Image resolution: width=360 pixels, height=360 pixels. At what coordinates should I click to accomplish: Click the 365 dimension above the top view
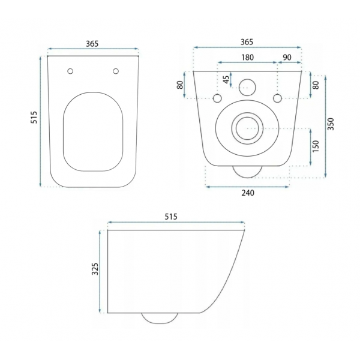[x=92, y=44]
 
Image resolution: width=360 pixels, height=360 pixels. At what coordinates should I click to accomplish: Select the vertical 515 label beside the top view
[x=34, y=118]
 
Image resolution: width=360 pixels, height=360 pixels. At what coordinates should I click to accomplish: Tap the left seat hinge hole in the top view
[x=70, y=71]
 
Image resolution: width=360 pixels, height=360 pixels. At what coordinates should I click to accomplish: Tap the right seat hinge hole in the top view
[x=116, y=71]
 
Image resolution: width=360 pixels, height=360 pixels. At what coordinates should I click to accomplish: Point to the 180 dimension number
[x=247, y=57]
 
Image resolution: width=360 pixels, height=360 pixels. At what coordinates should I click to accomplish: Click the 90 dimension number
[x=287, y=57]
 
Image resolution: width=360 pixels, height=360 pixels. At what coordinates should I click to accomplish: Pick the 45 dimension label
[x=226, y=79]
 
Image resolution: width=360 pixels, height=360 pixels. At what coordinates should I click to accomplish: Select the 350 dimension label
[x=331, y=124]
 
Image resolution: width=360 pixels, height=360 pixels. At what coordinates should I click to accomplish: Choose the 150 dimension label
[x=316, y=146]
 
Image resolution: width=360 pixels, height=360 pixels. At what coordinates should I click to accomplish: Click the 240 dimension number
[x=248, y=193]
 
